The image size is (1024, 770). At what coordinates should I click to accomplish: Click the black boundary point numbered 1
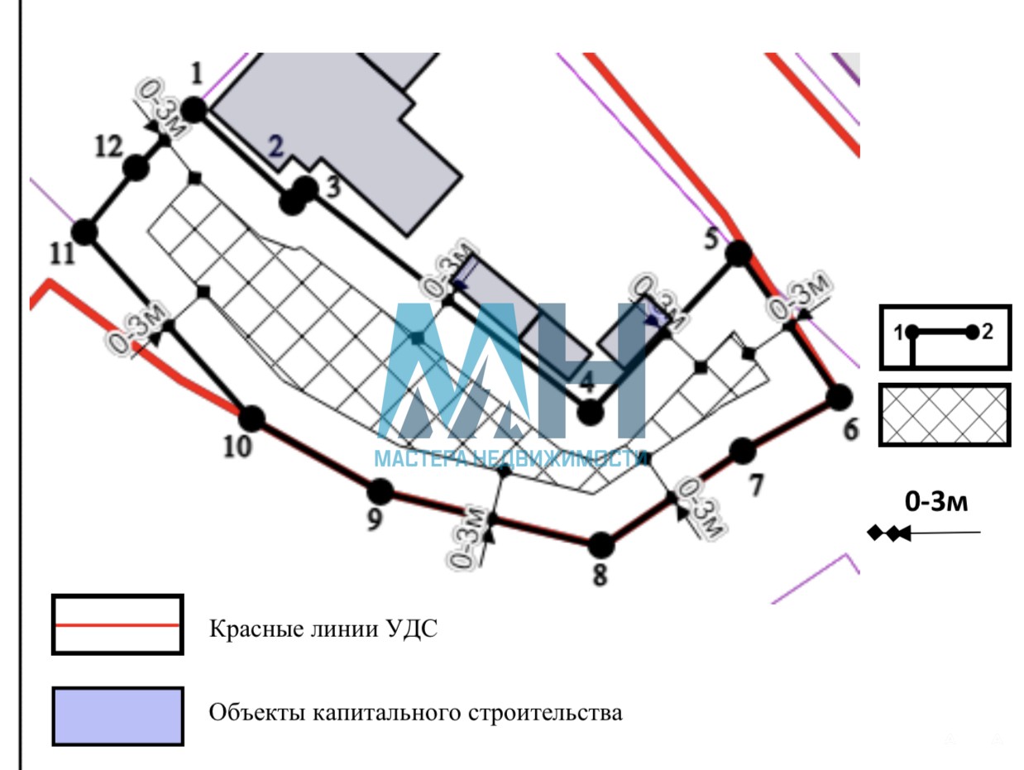[x=194, y=108]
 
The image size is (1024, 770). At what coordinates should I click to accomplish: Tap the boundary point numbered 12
[x=136, y=168]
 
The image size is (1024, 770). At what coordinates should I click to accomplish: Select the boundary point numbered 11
[x=84, y=232]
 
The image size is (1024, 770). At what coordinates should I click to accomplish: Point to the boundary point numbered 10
[x=251, y=418]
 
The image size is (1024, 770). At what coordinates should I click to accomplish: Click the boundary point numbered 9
[x=380, y=491]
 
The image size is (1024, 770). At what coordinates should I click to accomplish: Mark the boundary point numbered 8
[x=601, y=545]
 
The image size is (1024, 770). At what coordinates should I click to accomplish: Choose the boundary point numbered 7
[x=743, y=451]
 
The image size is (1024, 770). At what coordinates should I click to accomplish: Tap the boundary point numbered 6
[x=840, y=397]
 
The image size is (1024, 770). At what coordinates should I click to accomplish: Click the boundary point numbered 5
[x=738, y=252]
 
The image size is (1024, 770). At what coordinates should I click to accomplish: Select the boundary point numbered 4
[x=589, y=412]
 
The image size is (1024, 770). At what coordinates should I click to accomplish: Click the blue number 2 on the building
[x=275, y=146]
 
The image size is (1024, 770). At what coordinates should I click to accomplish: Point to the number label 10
[x=237, y=447]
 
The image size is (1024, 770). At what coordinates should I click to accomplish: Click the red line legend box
[x=117, y=625]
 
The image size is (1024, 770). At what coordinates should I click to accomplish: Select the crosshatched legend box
[x=944, y=415]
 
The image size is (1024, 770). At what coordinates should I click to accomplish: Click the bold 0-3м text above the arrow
[x=935, y=501]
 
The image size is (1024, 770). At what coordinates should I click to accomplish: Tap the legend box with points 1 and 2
[x=944, y=337]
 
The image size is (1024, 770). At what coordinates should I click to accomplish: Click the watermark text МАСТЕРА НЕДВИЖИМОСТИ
[x=510, y=458]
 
